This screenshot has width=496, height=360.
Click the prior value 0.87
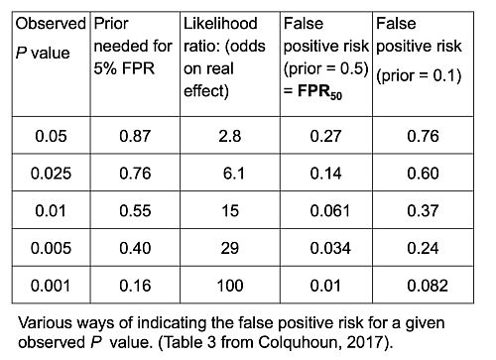pyautogui.click(x=134, y=136)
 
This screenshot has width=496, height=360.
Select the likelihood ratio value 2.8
pyautogui.click(x=227, y=136)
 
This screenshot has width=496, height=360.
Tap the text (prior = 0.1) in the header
pyautogui.click(x=417, y=74)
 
